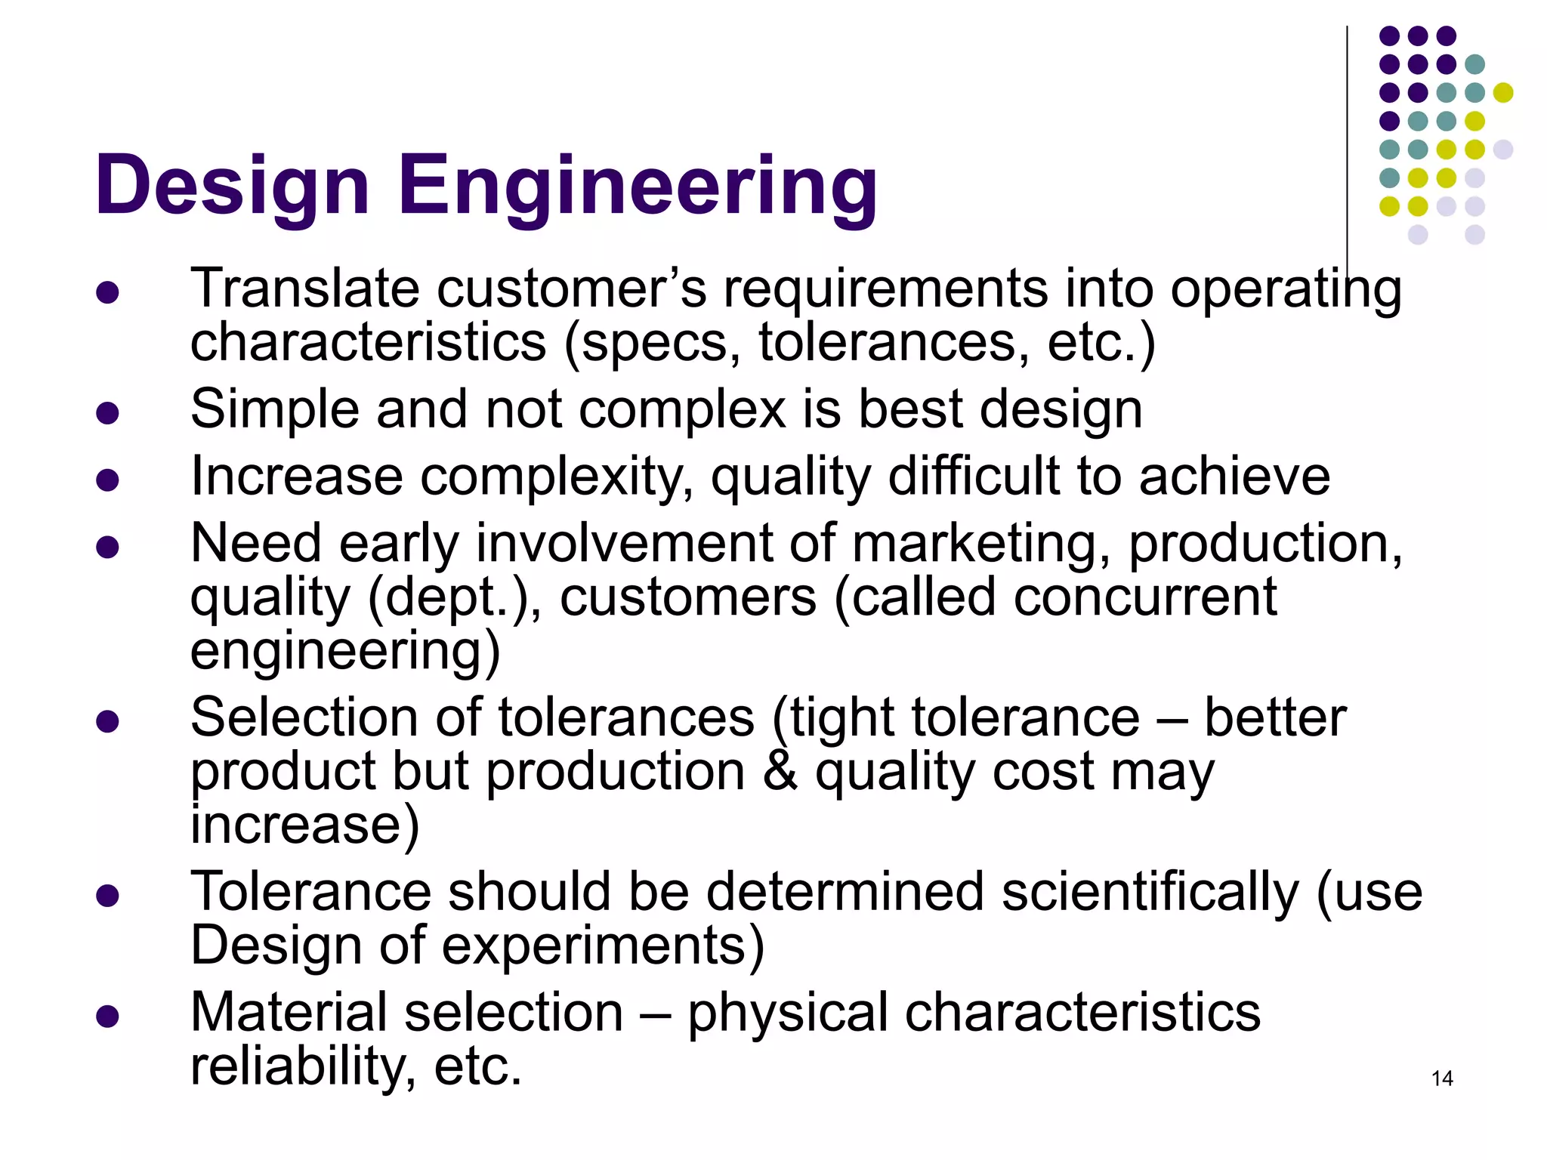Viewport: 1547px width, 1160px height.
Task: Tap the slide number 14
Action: [1442, 1078]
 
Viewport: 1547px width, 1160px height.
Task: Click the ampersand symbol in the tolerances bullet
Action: [780, 771]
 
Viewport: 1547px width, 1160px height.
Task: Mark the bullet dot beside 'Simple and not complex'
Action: [108, 413]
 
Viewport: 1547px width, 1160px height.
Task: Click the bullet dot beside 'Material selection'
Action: [108, 1017]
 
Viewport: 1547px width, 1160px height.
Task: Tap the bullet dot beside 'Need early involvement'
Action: [108, 548]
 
